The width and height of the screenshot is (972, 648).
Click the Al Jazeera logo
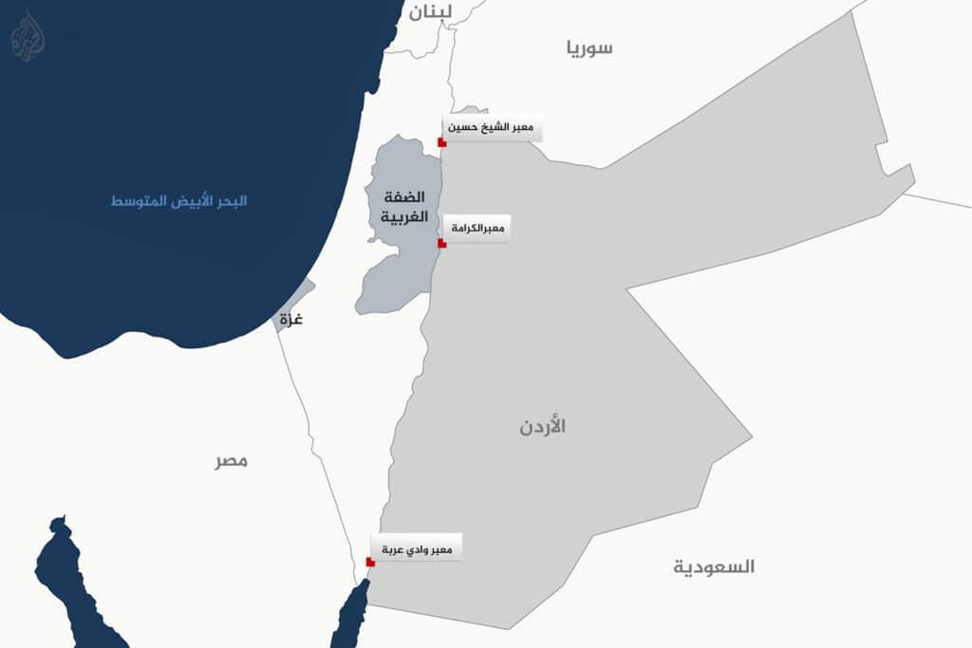28,35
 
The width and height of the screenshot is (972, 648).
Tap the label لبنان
431,12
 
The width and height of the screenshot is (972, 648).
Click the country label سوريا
589,48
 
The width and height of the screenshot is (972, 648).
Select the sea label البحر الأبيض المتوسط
178,201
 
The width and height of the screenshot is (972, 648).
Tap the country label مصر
231,461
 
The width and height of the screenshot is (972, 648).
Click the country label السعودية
714,567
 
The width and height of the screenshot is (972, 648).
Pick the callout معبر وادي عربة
417,549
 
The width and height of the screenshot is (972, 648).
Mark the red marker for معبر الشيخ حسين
442,142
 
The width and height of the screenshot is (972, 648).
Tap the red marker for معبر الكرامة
442,244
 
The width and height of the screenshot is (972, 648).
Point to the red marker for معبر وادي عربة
370,563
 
